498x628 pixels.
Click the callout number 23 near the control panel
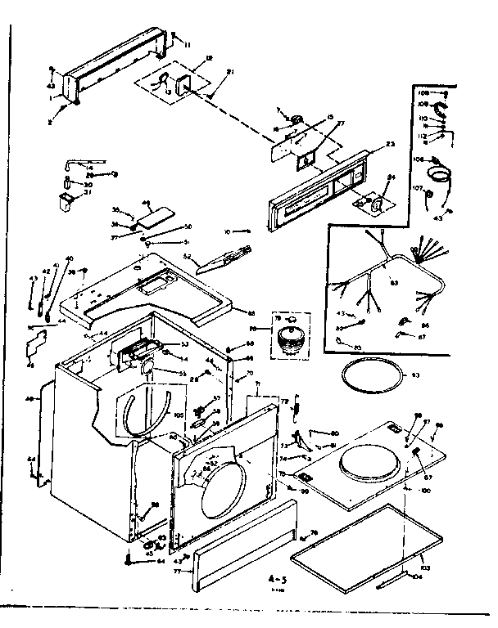[390, 145]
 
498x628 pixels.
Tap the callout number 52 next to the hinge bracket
[188, 256]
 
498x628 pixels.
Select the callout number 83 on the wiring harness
[393, 284]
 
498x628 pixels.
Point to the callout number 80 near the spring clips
[335, 433]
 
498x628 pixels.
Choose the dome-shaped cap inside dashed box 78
[287, 337]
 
